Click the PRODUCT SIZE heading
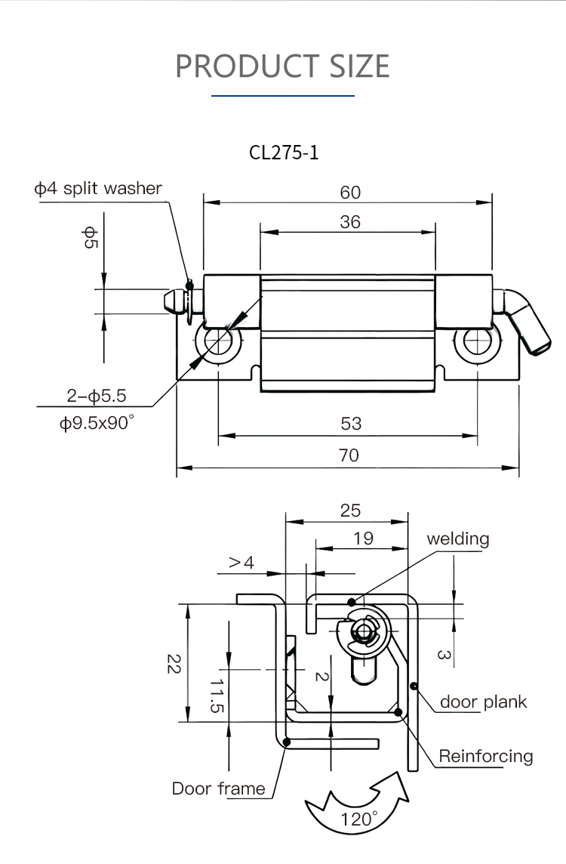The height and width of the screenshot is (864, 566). click(282, 66)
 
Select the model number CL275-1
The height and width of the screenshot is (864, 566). click(284, 153)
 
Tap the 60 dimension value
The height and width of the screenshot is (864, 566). click(350, 193)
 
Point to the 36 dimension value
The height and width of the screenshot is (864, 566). click(350, 222)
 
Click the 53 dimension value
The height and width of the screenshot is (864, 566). click(351, 424)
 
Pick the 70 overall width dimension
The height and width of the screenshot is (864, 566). click(349, 455)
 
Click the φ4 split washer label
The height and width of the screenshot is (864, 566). click(98, 188)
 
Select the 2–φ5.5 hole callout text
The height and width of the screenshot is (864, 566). click(96, 395)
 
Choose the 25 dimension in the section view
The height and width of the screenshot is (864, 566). click(350, 511)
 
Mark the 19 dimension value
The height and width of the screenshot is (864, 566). click(363, 538)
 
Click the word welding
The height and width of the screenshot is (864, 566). click(457, 538)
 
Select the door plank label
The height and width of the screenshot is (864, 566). click(483, 702)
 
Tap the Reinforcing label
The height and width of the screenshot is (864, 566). click(486, 756)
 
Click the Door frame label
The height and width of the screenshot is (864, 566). click(219, 788)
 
